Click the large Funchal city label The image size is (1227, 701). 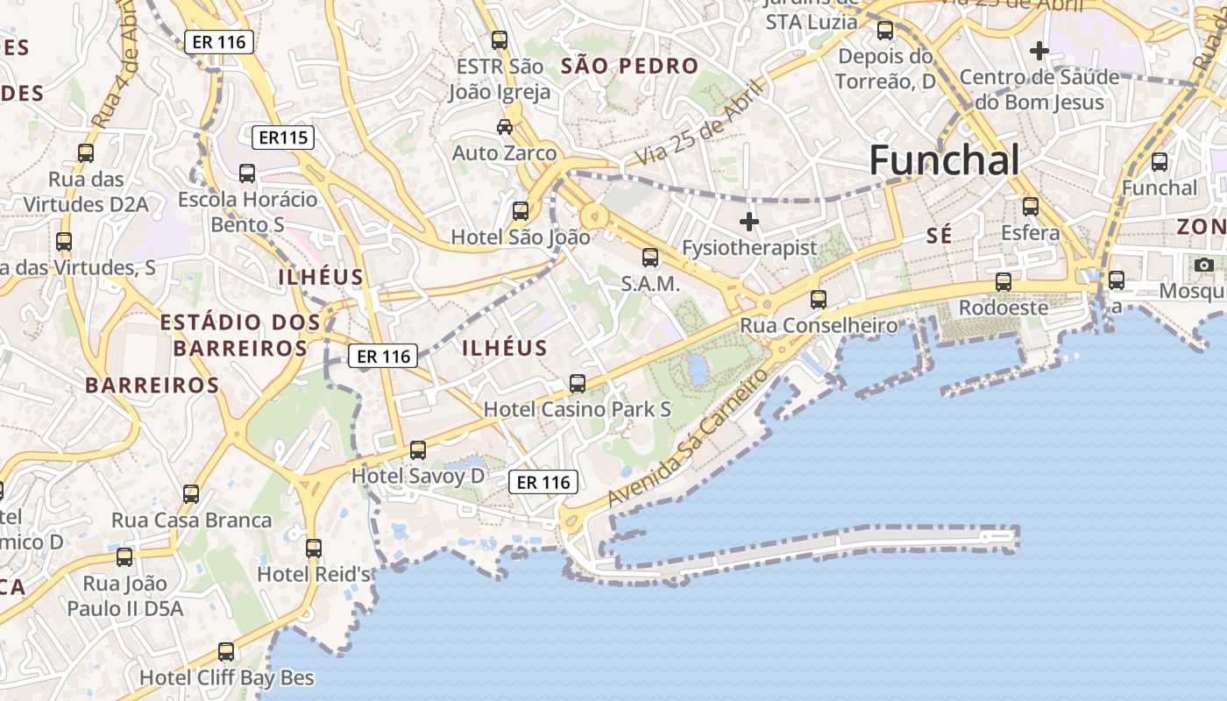coord(944,161)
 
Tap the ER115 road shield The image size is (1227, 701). coord(282,138)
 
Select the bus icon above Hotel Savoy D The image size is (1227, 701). coord(418,450)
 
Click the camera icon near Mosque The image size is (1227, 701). coord(1204,264)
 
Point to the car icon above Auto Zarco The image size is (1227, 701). coord(505,127)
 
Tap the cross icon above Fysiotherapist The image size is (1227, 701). coord(749,221)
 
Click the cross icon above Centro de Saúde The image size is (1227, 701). coord(1039,51)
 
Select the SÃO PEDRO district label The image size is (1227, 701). coord(629,66)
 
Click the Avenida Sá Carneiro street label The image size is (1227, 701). coord(688,435)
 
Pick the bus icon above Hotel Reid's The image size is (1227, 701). coord(314,549)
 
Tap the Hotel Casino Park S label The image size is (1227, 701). coord(577,409)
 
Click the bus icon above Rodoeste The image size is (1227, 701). coord(1004,282)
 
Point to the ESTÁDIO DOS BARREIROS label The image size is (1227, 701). coord(240,335)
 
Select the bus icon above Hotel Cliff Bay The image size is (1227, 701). coord(226,652)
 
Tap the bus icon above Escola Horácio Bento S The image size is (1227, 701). coord(247,173)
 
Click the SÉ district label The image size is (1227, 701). coord(940,236)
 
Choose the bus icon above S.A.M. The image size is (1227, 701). coord(650,258)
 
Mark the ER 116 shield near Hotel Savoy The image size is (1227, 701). coord(543,482)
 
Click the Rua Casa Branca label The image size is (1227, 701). coord(191,520)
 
